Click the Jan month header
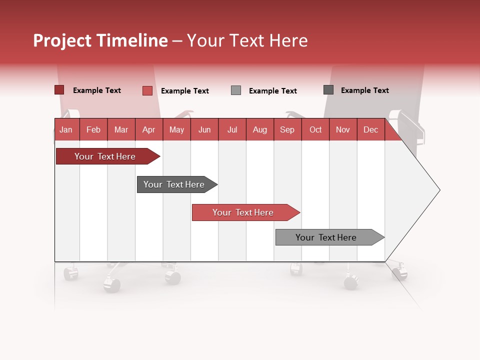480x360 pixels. (66, 129)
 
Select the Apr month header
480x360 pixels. (148, 129)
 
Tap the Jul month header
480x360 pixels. (232, 129)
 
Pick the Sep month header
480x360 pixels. (287, 129)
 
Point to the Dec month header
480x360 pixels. (370, 129)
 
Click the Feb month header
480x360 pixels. (93, 129)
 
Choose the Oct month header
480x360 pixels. (315, 129)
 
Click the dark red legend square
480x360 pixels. (59, 90)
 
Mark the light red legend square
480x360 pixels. (147, 90)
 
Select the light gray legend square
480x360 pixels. (236, 90)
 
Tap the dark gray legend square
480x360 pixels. (328, 90)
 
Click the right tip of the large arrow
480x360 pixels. (438, 190)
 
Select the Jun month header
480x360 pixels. (204, 129)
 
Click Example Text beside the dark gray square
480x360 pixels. (364, 90)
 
